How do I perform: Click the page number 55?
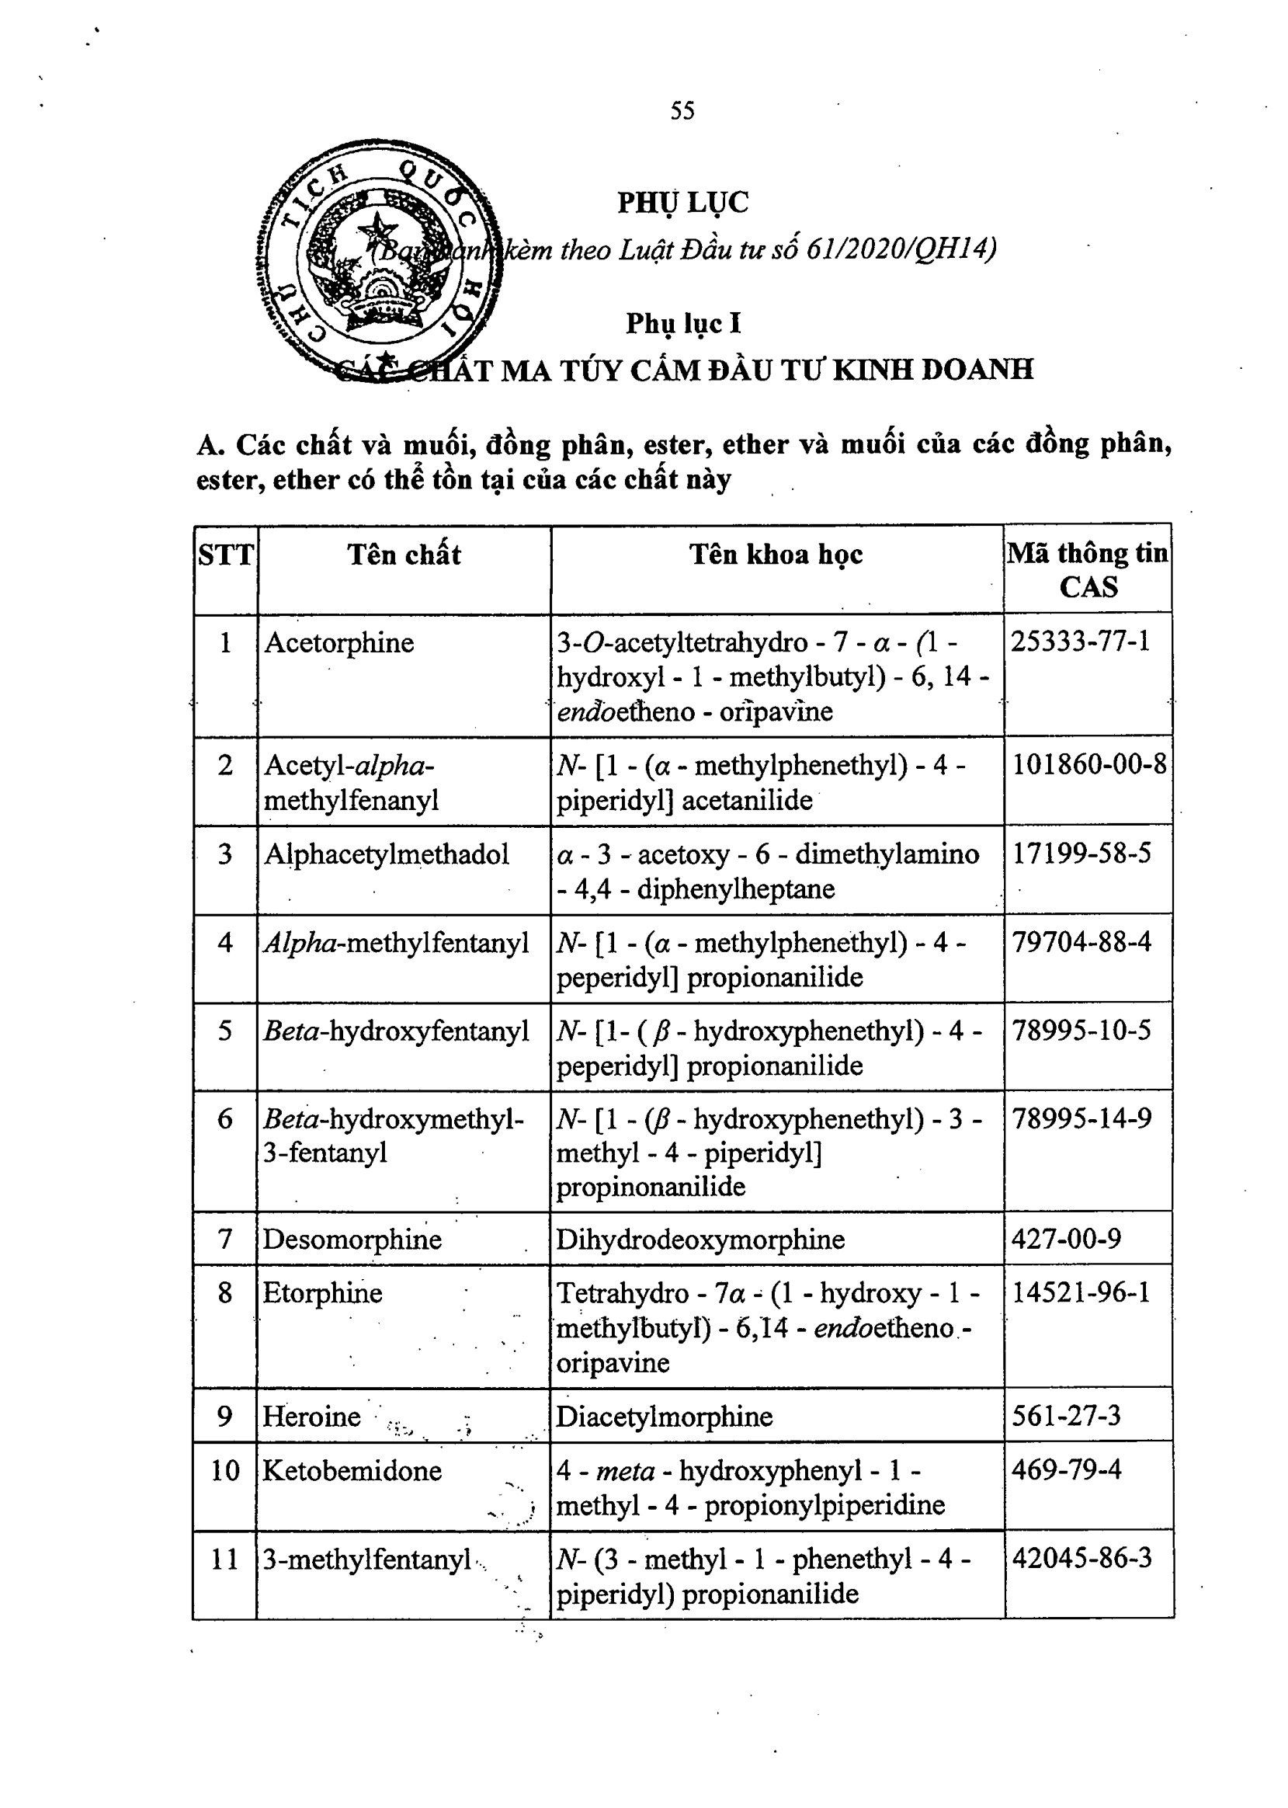coord(682,110)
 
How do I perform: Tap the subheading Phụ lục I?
coord(683,324)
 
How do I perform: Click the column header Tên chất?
coord(404,555)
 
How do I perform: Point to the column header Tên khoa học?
coord(776,555)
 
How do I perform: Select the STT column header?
coord(226,555)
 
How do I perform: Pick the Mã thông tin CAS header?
coord(1088,569)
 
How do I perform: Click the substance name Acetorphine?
coord(338,642)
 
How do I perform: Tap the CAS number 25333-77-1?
coord(1080,641)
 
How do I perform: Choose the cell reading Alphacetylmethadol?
coord(386,854)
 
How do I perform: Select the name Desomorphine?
coord(352,1239)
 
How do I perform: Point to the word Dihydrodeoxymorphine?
coord(700,1239)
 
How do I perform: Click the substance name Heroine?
coord(311,1415)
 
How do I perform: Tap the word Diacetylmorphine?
coord(664,1416)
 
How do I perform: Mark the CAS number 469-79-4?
coord(1066,1469)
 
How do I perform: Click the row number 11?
coord(225,1559)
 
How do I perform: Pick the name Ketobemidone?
coord(352,1470)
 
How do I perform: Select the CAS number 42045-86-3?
coord(1081,1558)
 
